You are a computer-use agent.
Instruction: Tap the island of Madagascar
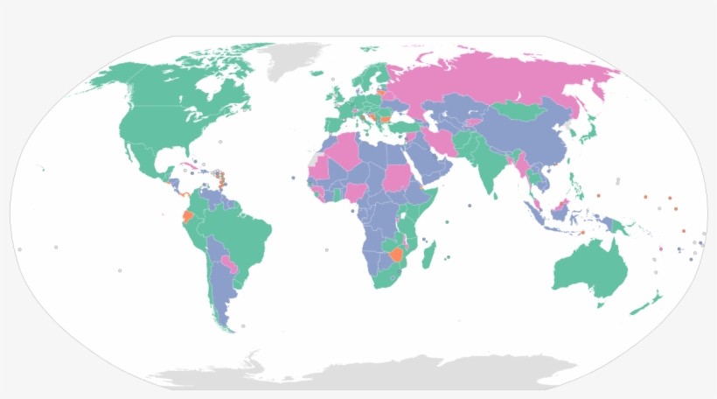(x=429, y=255)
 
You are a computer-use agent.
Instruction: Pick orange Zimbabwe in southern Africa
(x=398, y=255)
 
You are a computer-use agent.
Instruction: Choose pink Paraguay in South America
(x=229, y=262)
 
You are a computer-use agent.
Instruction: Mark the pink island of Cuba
(x=191, y=166)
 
